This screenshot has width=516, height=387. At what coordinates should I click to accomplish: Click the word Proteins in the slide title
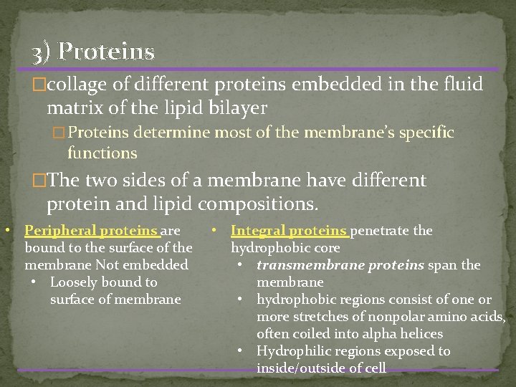tap(107, 52)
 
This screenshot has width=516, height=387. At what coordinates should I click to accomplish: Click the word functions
tap(102, 153)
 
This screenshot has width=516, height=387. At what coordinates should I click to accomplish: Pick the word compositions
tap(257, 204)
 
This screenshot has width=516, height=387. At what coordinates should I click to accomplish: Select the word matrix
tap(73, 108)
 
